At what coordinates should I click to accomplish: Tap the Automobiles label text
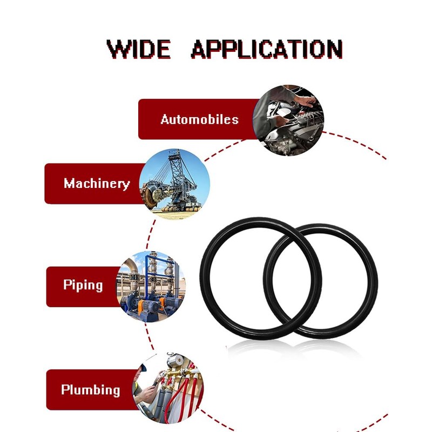(x=199, y=119)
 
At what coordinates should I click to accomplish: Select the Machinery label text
(x=97, y=184)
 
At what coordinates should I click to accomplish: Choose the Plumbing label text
(x=90, y=389)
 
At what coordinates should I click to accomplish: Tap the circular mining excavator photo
(x=174, y=184)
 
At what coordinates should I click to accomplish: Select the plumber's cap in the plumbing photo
(x=144, y=369)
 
